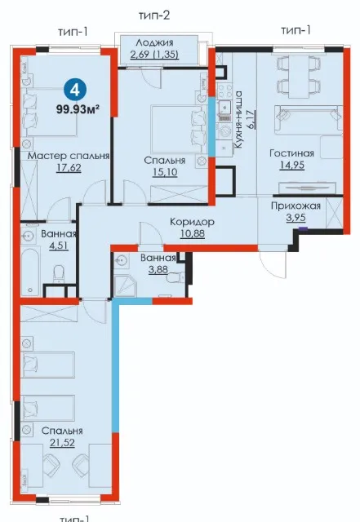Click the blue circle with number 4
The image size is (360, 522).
pos(75,90)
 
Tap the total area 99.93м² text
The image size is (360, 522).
pos(78,108)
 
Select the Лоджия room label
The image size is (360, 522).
pos(154,42)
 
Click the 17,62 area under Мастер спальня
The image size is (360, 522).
pos(69,167)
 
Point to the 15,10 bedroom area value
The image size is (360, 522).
pos(165,172)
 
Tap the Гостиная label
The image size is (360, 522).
pos(292,153)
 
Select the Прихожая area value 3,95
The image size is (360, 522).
pos(296,218)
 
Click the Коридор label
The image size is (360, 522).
pos(192,222)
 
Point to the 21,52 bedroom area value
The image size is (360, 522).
pos(62,443)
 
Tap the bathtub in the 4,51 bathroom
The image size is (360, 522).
pos(30,272)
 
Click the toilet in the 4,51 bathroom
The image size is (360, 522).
pos(58,273)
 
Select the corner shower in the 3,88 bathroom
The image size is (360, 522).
pos(125,285)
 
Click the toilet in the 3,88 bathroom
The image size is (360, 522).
pos(176,277)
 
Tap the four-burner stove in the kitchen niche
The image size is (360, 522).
pos(224,91)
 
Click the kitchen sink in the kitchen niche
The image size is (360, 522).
pos(224,108)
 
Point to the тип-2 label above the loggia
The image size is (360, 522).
pos(154,15)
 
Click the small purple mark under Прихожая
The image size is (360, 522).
pos(303,228)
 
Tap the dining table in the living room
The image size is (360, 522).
pos(299,76)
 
